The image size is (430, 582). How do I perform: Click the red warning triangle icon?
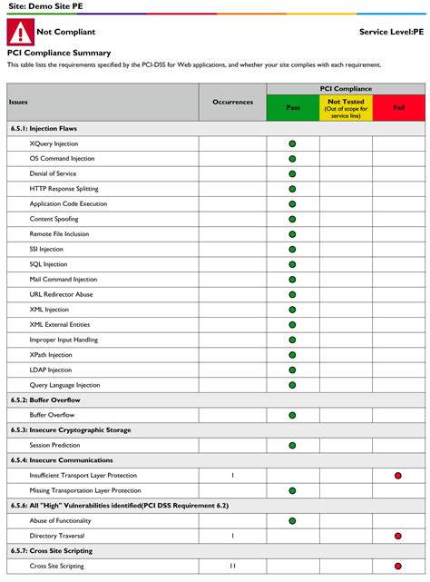(x=20, y=33)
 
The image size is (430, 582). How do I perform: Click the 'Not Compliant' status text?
(x=65, y=32)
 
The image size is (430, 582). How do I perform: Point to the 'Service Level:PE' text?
(x=391, y=32)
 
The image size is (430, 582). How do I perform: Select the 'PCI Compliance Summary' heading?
(x=59, y=53)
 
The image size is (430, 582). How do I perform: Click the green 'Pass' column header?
(x=293, y=107)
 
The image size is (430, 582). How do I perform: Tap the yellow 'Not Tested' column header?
(x=346, y=108)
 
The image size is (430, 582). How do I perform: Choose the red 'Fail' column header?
(x=398, y=107)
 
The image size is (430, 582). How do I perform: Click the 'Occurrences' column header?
(x=232, y=102)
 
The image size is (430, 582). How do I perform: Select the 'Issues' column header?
(x=19, y=102)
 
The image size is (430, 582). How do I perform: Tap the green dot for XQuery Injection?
(x=292, y=143)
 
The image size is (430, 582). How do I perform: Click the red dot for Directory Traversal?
(x=398, y=536)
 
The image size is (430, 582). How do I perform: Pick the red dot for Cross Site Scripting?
(x=398, y=566)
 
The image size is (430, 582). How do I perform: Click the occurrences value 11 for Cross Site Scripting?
(x=232, y=566)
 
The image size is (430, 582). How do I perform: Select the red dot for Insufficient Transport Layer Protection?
(x=398, y=475)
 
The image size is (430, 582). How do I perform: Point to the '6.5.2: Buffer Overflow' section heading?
(x=45, y=400)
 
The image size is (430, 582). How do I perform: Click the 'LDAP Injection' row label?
(x=51, y=370)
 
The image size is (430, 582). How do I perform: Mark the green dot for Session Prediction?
(x=292, y=445)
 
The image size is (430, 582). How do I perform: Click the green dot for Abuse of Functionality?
(x=292, y=520)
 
